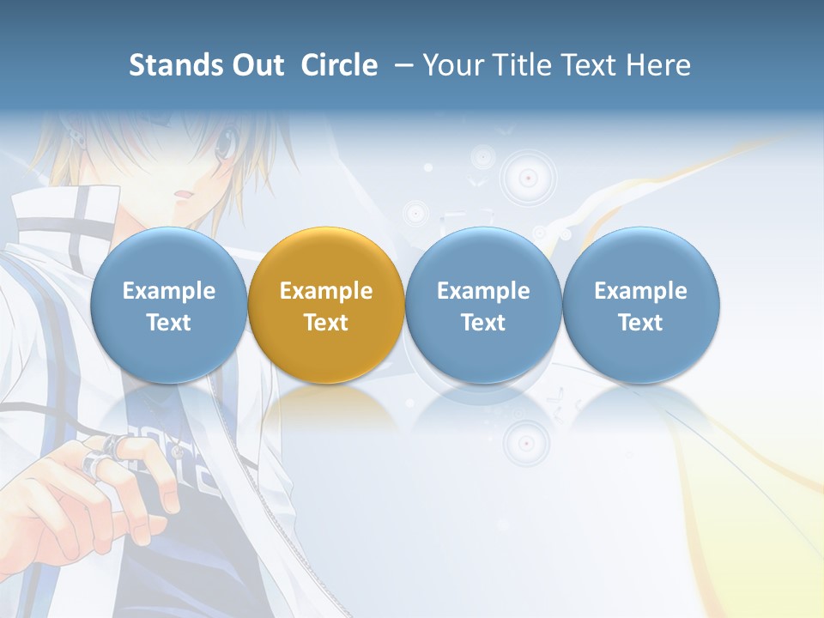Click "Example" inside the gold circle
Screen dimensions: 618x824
point(326,291)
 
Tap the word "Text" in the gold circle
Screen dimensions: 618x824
point(326,323)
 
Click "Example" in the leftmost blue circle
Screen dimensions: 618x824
point(169,291)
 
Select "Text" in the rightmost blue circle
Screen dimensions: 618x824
point(640,323)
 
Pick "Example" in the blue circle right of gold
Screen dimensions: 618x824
point(483,291)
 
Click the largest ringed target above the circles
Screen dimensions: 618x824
point(529,178)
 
